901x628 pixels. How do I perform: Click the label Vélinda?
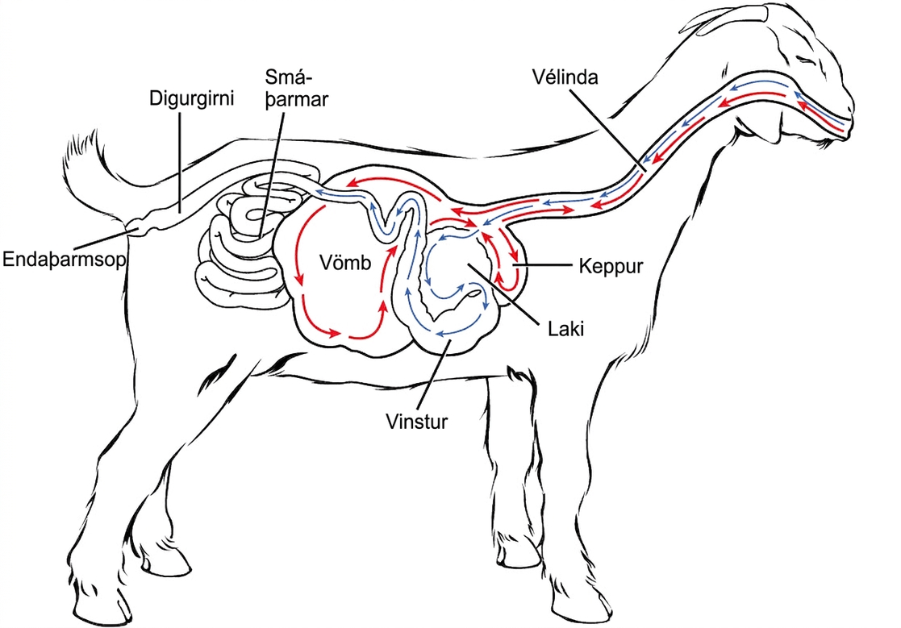coord(565,77)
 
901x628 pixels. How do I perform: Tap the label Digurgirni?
coord(192,98)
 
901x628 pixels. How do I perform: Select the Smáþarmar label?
coord(297,88)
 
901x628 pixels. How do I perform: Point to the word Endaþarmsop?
coord(65,260)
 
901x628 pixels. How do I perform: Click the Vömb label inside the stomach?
coord(345,263)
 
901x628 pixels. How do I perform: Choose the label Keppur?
coord(611,266)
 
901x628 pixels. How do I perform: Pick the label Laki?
coord(566,329)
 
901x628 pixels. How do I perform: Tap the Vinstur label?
coord(416,422)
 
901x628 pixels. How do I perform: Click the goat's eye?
coord(804,59)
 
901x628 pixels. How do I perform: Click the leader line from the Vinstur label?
coord(436,374)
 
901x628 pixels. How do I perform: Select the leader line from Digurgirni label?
coord(181,162)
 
